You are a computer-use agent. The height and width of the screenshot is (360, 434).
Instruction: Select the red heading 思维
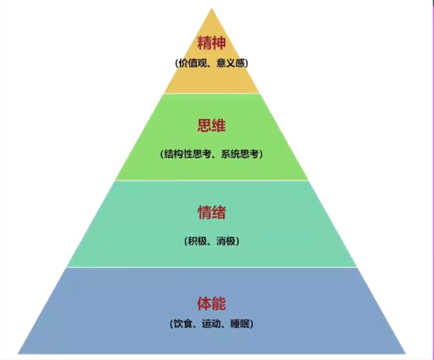pyautogui.click(x=211, y=127)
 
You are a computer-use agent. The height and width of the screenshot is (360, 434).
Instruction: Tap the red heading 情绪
pyautogui.click(x=211, y=212)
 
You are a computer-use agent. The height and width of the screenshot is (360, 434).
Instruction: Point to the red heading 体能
pyautogui.click(x=211, y=303)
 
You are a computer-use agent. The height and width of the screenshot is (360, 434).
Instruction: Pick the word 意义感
pyautogui.click(x=228, y=63)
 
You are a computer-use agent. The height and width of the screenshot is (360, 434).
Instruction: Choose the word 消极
pyautogui.click(x=226, y=242)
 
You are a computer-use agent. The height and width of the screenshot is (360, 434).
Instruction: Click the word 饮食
pyautogui.click(x=182, y=323)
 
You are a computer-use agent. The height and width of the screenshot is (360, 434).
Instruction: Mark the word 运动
pyautogui.click(x=211, y=323)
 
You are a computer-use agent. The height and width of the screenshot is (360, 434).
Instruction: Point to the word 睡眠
pyautogui.click(x=240, y=323)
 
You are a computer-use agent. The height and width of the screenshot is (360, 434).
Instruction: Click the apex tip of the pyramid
pyautogui.click(x=211, y=9)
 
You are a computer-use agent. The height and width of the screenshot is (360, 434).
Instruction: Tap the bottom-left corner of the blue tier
pyautogui.click(x=18, y=353)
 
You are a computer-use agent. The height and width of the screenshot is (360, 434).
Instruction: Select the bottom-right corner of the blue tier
pyautogui.click(x=406, y=353)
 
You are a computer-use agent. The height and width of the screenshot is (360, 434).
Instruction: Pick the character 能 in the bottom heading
pyautogui.click(x=219, y=303)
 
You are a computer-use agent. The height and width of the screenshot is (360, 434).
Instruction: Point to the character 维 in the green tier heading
pyautogui.click(x=219, y=127)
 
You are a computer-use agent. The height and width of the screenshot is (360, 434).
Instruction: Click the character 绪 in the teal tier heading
pyautogui.click(x=219, y=212)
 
